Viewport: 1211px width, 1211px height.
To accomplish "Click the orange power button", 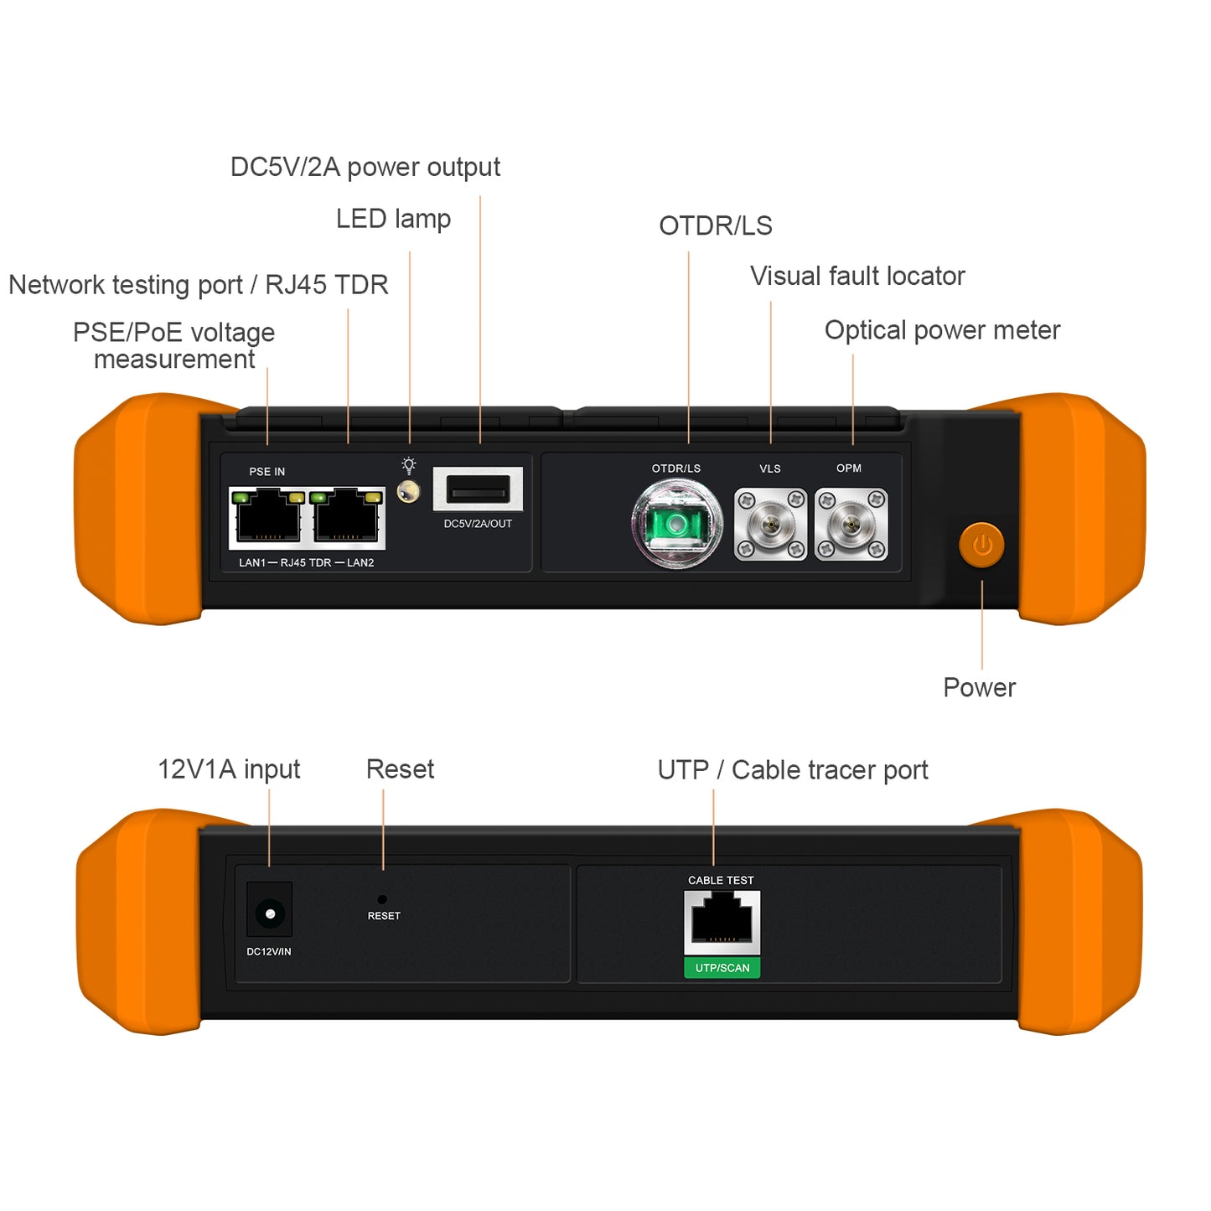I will pyautogui.click(x=981, y=546).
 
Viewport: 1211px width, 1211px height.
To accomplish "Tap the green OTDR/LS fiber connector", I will pyautogui.click(x=676, y=525).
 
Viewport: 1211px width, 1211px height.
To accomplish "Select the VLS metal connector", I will pyautogui.click(x=770, y=525).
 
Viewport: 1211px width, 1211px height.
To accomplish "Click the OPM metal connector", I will pyautogui.click(x=851, y=525).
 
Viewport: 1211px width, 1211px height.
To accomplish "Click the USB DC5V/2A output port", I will pyautogui.click(x=478, y=489).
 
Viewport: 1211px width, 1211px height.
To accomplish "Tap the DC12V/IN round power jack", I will pyautogui.click(x=270, y=913).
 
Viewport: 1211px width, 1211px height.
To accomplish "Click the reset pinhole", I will pyautogui.click(x=382, y=899).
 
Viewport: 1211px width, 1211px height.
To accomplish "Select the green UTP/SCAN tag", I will pyautogui.click(x=722, y=968).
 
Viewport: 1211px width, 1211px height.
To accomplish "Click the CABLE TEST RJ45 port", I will pyautogui.click(x=722, y=921).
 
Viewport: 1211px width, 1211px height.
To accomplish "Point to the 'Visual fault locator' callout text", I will pyautogui.click(x=857, y=276).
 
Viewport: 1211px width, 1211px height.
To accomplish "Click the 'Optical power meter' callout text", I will pyautogui.click(x=942, y=330).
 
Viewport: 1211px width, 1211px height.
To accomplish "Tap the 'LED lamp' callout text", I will pyautogui.click(x=393, y=219).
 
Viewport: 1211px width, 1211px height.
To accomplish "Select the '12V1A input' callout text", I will pyautogui.click(x=229, y=769).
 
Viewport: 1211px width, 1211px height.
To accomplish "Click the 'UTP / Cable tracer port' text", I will pyautogui.click(x=793, y=770).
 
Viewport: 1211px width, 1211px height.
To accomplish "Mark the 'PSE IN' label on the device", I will pyautogui.click(x=267, y=472).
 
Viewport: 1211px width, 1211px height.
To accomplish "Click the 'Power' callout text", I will pyautogui.click(x=979, y=688).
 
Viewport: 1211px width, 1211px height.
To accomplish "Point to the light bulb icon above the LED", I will pyautogui.click(x=409, y=465).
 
